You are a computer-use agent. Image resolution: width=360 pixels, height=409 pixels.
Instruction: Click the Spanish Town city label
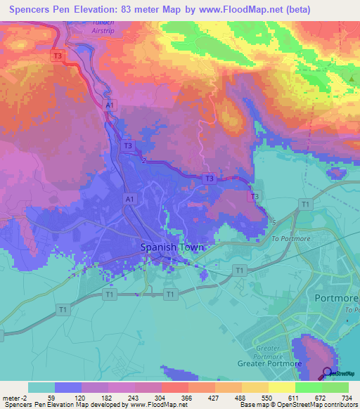(172, 247)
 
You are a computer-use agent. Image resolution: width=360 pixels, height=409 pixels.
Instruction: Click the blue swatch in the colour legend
(68, 387)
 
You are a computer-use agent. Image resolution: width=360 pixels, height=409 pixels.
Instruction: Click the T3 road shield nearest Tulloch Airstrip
(58, 56)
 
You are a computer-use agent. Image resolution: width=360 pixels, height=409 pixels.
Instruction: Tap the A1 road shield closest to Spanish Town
(129, 200)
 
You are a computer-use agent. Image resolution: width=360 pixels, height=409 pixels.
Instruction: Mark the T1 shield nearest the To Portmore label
(304, 204)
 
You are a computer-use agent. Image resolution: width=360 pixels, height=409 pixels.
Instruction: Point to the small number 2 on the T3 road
(143, 161)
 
